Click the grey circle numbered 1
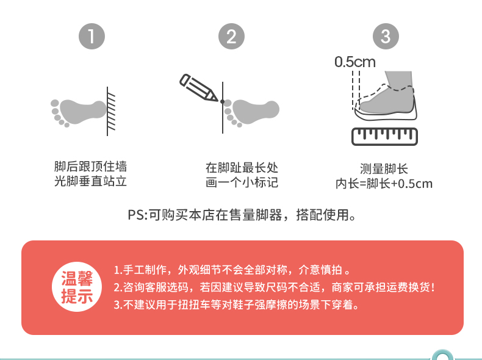tap(92, 36)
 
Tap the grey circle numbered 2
tap(231, 36)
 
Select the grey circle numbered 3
tap(386, 36)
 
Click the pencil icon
tap(198, 87)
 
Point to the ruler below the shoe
tap(384, 137)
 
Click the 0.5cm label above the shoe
tap(355, 62)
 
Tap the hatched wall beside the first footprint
tap(111, 111)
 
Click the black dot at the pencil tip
tap(222, 101)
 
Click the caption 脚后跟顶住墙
tap(90, 167)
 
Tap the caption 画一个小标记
tap(242, 182)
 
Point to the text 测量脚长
tap(384, 169)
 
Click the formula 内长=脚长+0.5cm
tap(384, 184)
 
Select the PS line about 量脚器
tap(242, 215)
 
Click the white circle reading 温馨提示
tap(77, 287)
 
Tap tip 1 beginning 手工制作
tap(232, 270)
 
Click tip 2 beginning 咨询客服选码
tap(274, 287)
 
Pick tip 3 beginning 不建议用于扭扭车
tap(236, 304)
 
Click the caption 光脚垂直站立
tap(90, 181)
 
